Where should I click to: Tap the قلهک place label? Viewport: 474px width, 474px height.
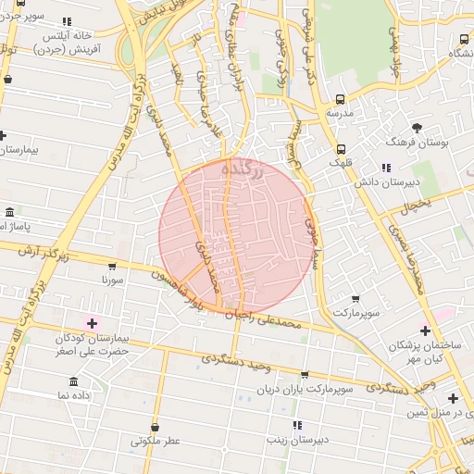click(341, 163)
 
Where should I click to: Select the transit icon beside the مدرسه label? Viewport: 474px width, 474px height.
click(341, 99)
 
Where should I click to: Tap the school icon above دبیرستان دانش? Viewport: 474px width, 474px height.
click(386, 168)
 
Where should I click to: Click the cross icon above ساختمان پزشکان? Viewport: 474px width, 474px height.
click(425, 331)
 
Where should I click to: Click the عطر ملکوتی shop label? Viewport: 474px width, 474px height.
click(155, 441)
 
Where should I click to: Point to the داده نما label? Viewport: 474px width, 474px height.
click(74, 395)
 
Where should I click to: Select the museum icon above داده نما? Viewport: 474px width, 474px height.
click(73, 381)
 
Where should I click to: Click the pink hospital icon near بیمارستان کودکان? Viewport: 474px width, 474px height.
click(91, 322)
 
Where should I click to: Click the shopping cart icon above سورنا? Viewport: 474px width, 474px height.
click(112, 265)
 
